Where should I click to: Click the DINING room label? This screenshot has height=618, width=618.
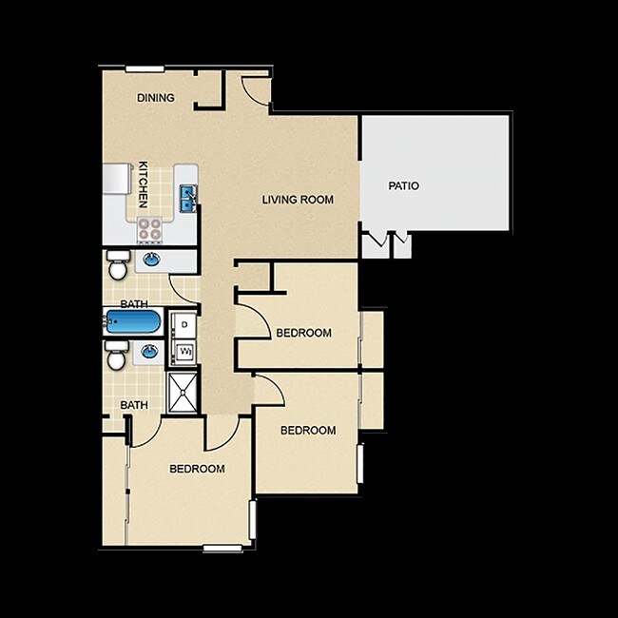click(155, 97)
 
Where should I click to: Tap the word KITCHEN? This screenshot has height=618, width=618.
click(144, 183)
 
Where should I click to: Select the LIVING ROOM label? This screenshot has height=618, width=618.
click(298, 200)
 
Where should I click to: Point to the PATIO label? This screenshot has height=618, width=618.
click(403, 185)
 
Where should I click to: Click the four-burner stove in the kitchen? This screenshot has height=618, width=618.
click(150, 229)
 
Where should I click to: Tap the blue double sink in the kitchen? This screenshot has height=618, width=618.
click(187, 199)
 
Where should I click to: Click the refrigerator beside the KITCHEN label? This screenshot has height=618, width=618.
click(116, 178)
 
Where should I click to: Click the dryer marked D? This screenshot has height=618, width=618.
click(183, 325)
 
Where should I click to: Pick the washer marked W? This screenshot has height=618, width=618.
click(183, 353)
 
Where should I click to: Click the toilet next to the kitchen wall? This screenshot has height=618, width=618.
click(117, 265)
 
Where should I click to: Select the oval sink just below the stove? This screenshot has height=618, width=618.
click(151, 259)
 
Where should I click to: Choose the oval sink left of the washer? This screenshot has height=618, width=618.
click(150, 353)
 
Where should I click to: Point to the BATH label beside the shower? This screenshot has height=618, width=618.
click(134, 405)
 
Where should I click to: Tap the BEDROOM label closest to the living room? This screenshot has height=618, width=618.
click(303, 333)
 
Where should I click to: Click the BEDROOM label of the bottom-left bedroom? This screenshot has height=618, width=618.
click(197, 469)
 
